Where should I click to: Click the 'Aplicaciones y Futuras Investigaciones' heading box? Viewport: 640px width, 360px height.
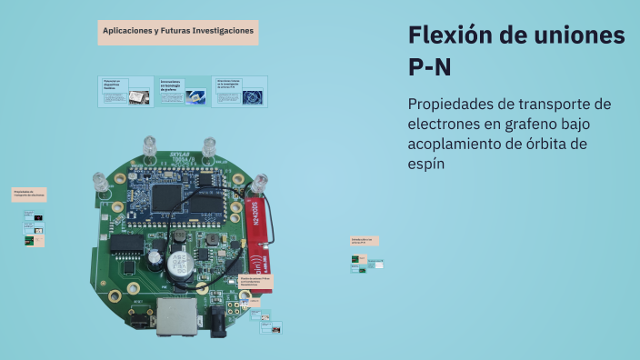coord(178,32)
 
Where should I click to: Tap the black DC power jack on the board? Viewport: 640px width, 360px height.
coord(218,320)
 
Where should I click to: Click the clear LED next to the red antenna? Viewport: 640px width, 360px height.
coord(261,185)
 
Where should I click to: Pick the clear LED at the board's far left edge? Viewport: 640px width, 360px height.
coord(101,183)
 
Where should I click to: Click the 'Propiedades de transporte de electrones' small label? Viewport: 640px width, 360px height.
coord(28,194)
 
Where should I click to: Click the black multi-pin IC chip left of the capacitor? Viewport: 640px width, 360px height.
coord(129,245)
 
